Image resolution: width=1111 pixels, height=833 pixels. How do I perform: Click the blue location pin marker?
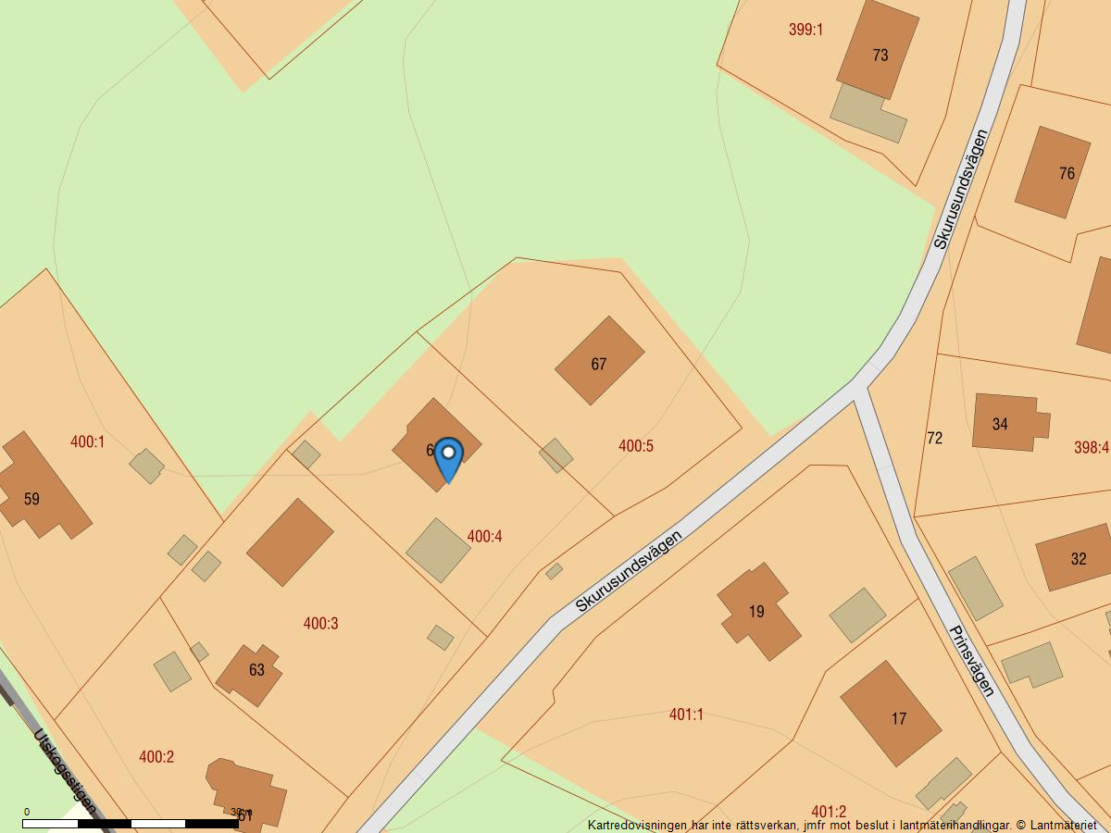click(x=448, y=457)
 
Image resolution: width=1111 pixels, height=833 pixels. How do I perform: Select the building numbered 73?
click(x=878, y=50)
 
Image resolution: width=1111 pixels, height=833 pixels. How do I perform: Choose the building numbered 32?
click(x=1075, y=557)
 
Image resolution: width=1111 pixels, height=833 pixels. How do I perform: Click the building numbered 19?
click(x=758, y=611)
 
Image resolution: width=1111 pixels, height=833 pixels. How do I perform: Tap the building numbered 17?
click(x=891, y=714)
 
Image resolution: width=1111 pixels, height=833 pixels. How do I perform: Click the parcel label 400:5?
click(x=636, y=446)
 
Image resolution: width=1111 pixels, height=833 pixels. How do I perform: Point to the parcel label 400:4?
click(x=484, y=536)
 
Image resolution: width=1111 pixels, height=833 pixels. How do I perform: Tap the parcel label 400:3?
click(x=320, y=623)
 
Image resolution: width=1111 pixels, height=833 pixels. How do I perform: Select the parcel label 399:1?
click(x=805, y=30)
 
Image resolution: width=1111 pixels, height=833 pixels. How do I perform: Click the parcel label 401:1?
click(x=686, y=715)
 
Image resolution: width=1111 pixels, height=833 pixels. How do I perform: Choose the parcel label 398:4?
click(x=1091, y=448)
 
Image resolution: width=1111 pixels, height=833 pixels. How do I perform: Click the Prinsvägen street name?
click(x=971, y=660)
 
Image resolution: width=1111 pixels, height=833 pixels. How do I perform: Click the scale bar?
click(x=131, y=823)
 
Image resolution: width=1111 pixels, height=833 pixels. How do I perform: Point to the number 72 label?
click(x=935, y=438)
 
